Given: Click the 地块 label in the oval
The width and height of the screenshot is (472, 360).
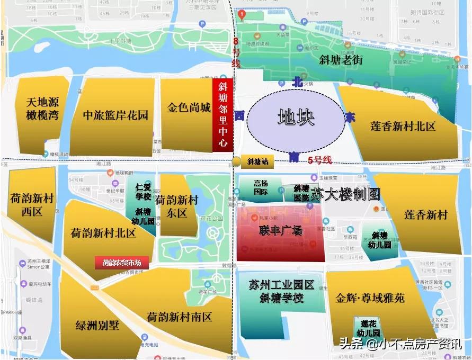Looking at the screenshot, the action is pos(296,117).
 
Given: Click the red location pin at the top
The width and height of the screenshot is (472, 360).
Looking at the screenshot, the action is pos(242,14).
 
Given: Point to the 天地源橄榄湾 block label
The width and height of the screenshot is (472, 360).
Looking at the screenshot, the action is pos(43,109).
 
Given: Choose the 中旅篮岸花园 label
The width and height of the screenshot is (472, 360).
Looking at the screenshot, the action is pos(115,115).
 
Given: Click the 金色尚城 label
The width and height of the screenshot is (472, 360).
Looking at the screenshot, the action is pos(189,107).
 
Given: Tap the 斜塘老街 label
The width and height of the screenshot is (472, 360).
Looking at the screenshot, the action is pos(341,60).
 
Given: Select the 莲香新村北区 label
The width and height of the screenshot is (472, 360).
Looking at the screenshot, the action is pos(403,126).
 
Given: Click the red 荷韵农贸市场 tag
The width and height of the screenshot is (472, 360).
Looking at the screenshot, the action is pos(122,262).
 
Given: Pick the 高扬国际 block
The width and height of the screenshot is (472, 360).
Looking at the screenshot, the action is pos(261,188).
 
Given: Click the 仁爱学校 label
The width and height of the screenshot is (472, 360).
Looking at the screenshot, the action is pos(144,192).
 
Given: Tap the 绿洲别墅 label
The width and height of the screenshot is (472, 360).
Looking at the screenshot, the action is pos(97,324).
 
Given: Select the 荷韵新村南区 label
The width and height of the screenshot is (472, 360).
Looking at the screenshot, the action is pos(180,317).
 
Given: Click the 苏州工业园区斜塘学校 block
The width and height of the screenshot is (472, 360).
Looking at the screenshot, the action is pos(281,291).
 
